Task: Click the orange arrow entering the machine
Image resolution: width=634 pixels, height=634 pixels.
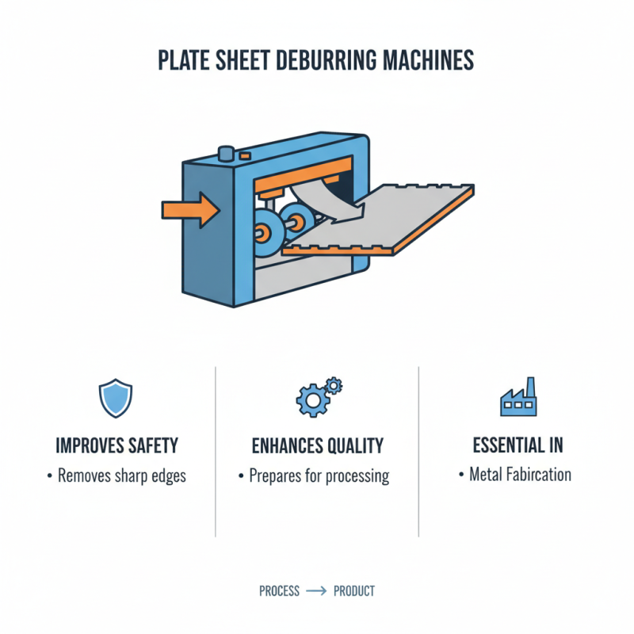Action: coord(190,209)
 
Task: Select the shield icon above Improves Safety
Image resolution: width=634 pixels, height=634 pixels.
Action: coord(116,398)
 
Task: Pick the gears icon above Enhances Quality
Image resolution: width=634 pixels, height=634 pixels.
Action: coord(316,397)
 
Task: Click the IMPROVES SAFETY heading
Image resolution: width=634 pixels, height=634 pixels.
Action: coord(116,445)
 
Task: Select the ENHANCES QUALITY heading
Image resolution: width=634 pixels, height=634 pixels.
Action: coord(317,445)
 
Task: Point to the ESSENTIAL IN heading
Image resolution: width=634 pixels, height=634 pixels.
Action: coord(520,445)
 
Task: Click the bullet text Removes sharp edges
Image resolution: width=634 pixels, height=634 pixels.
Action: coord(120,476)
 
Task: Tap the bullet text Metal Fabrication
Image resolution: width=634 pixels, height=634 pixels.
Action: coord(520,475)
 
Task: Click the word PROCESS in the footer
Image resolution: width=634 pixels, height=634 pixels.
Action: coord(279,591)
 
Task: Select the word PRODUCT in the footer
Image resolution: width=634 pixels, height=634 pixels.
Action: coord(354,591)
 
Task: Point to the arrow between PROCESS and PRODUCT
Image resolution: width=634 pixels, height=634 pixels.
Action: coord(316,591)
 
